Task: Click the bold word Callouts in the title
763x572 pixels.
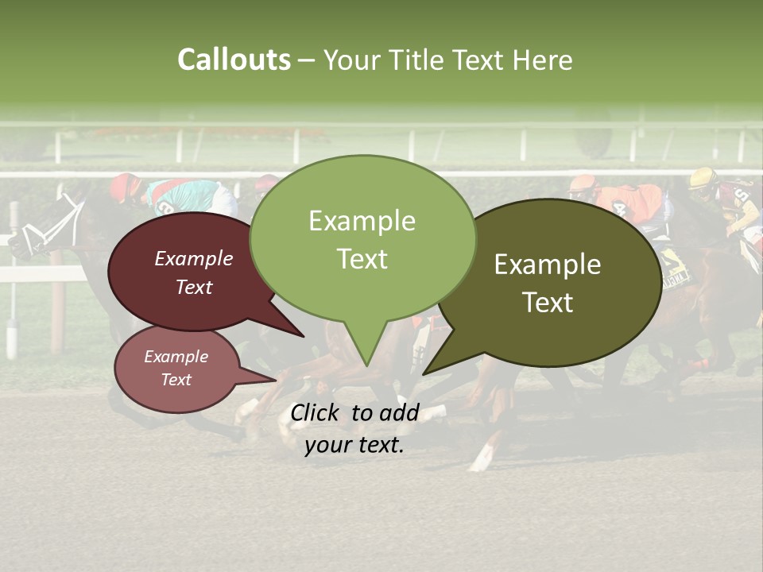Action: click(234, 60)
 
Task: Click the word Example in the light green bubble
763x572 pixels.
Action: click(362, 221)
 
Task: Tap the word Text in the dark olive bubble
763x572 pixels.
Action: click(548, 303)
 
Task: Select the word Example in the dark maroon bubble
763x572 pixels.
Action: click(194, 258)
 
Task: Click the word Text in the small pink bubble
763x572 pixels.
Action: click(176, 380)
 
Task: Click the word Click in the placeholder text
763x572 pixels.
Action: click(317, 412)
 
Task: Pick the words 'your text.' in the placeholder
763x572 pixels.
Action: click(354, 445)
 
